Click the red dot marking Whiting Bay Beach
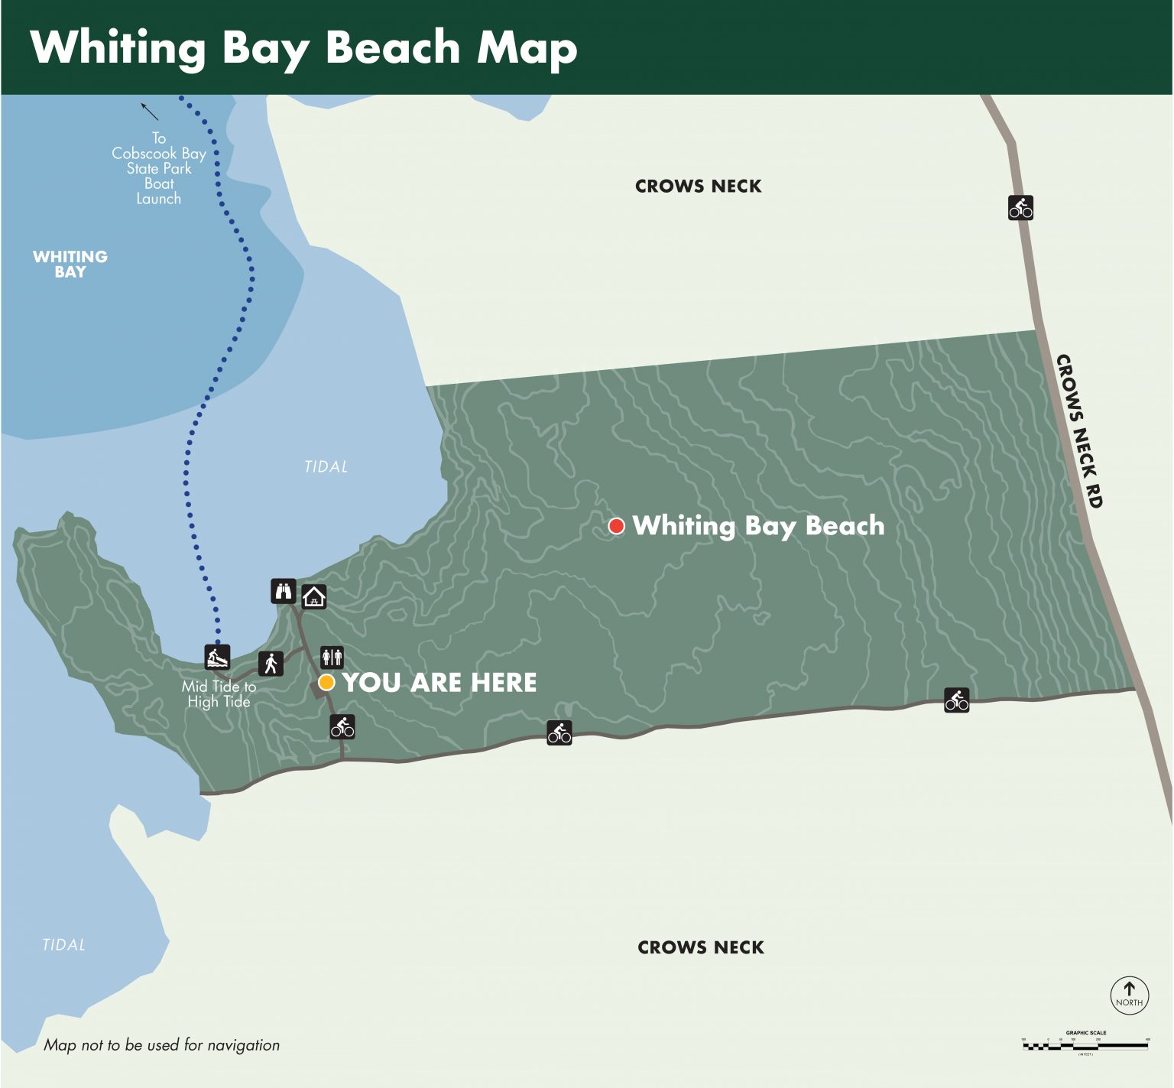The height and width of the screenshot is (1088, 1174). pyautogui.click(x=616, y=526)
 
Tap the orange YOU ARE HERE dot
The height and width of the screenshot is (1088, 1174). pyautogui.click(x=326, y=683)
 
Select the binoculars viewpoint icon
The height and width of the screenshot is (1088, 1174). pyautogui.click(x=284, y=591)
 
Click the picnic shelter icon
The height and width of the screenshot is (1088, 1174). pyautogui.click(x=314, y=596)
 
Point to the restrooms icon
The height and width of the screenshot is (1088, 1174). pyautogui.click(x=332, y=657)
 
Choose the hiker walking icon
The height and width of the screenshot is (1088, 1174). pyautogui.click(x=271, y=664)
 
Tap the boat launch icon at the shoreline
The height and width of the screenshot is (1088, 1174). pyautogui.click(x=217, y=657)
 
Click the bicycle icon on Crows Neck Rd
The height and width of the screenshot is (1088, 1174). pyautogui.click(x=1020, y=207)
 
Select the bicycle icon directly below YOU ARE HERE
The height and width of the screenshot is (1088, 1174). pyautogui.click(x=342, y=726)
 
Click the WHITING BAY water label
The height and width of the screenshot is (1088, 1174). pyautogui.click(x=70, y=264)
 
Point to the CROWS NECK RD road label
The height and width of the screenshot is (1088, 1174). pyautogui.click(x=1079, y=431)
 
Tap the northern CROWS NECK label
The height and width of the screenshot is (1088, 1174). pyautogui.click(x=698, y=187)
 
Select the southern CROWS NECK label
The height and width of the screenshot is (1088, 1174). pyautogui.click(x=700, y=947)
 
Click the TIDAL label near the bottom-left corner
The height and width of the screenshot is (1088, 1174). pyautogui.click(x=63, y=945)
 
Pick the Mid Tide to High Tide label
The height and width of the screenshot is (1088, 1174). pyautogui.click(x=219, y=694)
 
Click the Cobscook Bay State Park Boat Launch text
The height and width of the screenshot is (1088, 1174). pyautogui.click(x=159, y=168)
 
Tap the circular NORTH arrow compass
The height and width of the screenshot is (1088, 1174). pyautogui.click(x=1129, y=995)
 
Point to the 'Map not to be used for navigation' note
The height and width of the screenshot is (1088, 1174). pyautogui.click(x=161, y=1045)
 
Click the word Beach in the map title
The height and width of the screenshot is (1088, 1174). pyautogui.click(x=393, y=47)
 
